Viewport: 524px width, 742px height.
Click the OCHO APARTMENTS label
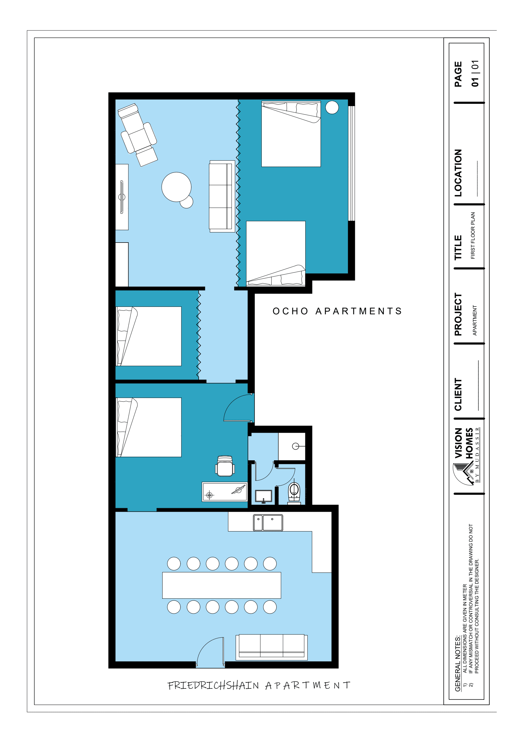(x=337, y=311)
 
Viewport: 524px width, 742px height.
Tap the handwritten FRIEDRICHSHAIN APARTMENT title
(x=259, y=685)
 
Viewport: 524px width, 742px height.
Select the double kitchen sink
(x=268, y=522)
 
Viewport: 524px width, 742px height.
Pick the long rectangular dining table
(x=221, y=585)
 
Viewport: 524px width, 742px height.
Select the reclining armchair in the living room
(x=137, y=135)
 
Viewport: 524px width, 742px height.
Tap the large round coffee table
(x=176, y=187)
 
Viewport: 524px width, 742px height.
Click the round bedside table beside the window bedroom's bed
(x=332, y=107)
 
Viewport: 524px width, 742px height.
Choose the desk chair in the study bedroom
(x=225, y=466)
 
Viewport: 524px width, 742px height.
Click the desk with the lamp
(x=224, y=492)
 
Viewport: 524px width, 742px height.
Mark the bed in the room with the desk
(x=148, y=427)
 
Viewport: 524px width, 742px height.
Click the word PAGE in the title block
(x=458, y=74)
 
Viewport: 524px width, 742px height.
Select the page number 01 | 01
(x=475, y=73)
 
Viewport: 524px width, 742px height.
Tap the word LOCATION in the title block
(x=458, y=173)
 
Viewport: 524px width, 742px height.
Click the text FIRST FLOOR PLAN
(x=473, y=235)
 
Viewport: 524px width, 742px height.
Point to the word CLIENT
(x=458, y=394)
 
